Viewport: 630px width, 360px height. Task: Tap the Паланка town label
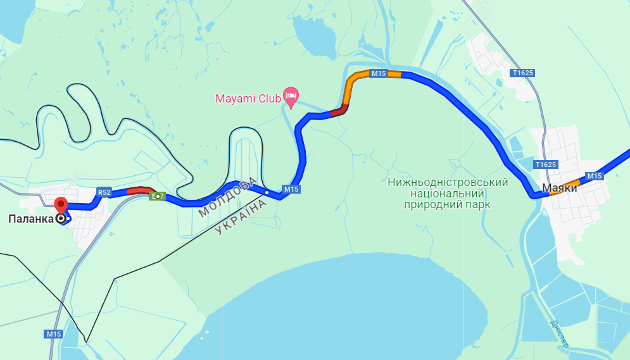pyautogui.click(x=29, y=219)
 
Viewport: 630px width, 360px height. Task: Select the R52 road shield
pyautogui.click(x=104, y=192)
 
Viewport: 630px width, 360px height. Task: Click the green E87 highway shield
pyautogui.click(x=157, y=197)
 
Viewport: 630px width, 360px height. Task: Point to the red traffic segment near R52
pyautogui.click(x=140, y=189)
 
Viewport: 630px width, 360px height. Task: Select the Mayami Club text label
pyautogui.click(x=248, y=99)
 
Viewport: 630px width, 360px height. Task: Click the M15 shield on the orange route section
pyautogui.click(x=379, y=73)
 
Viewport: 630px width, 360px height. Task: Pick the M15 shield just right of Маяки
pyautogui.click(x=594, y=176)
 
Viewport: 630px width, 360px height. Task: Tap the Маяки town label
pyautogui.click(x=559, y=188)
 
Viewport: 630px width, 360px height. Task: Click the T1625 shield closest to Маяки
pyautogui.click(x=546, y=164)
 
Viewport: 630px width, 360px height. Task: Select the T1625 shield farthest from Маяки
pyautogui.click(x=523, y=73)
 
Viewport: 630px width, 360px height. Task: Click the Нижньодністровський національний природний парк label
pyautogui.click(x=448, y=194)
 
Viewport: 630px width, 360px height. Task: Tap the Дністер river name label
pyautogui.click(x=559, y=333)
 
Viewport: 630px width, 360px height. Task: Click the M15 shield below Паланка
pyautogui.click(x=54, y=333)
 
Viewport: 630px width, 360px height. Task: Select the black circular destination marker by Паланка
pyautogui.click(x=61, y=219)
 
